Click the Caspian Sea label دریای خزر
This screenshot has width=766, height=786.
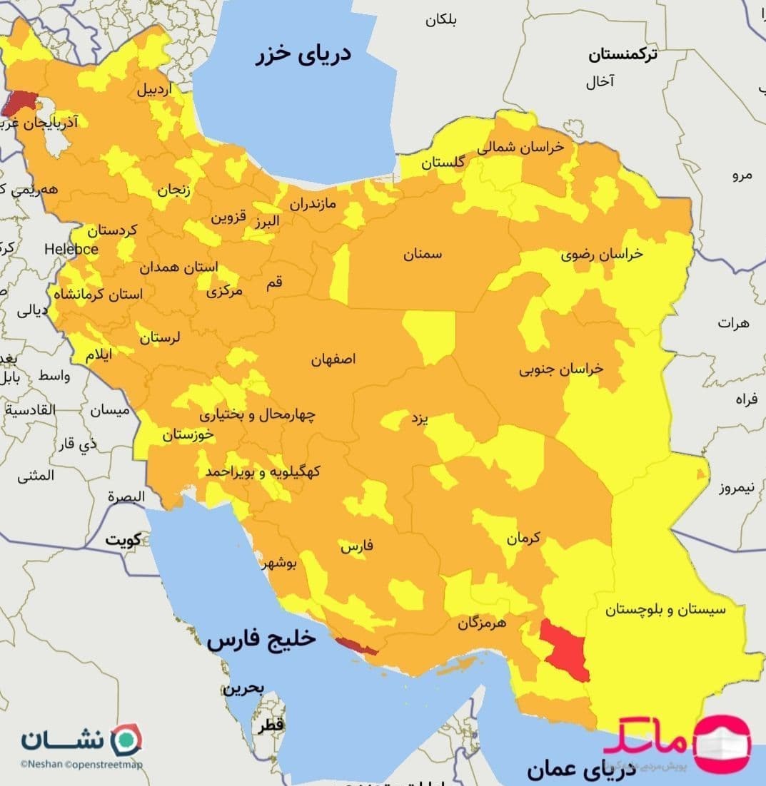[303, 55]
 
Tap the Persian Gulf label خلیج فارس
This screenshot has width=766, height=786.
[261, 639]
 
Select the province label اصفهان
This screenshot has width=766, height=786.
[333, 359]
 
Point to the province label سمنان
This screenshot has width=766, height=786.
[422, 254]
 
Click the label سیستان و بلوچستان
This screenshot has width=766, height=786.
[665, 610]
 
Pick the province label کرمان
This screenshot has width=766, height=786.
[524, 539]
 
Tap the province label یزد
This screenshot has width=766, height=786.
[418, 419]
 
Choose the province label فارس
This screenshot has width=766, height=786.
[357, 547]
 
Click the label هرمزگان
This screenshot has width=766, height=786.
[482, 623]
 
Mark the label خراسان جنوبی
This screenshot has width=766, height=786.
[561, 369]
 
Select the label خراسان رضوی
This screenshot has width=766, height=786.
[601, 254]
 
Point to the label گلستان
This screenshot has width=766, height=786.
[442, 162]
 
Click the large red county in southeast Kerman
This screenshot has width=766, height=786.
[564, 648]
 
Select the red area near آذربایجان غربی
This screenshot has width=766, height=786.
[18, 102]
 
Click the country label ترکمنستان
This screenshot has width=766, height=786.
[623, 54]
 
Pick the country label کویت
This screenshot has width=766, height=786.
[124, 539]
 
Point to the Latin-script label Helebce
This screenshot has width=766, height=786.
[71, 249]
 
